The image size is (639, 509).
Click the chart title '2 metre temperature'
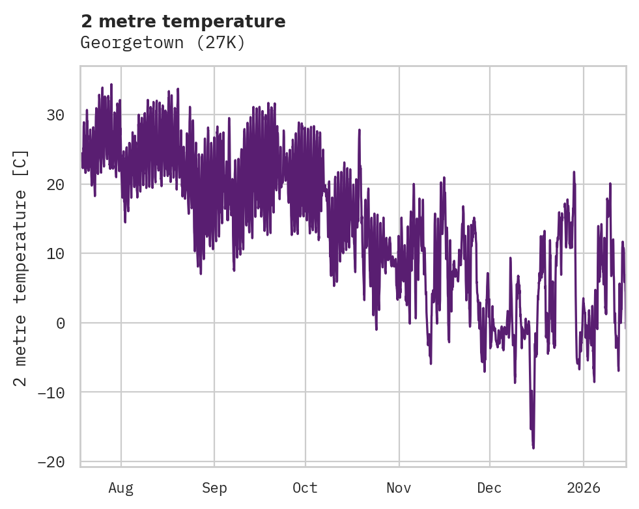183,21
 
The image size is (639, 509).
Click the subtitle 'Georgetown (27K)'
162,43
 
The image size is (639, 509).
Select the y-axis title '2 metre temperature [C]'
21,268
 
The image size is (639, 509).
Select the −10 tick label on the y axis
51,392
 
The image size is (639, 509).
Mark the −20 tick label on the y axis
51,461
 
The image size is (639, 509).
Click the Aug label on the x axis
121,488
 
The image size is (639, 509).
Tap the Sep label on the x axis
214,488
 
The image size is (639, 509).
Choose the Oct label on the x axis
305,488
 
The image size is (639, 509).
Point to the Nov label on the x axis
399,488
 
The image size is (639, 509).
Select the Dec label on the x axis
489,488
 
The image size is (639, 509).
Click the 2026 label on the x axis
584,488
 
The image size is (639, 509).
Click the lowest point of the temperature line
533,448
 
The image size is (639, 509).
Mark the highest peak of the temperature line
111,84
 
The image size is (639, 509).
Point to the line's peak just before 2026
574,172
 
